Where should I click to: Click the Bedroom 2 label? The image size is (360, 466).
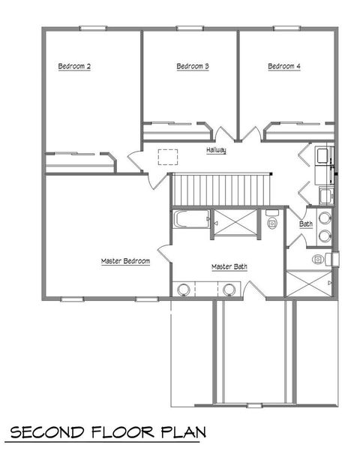coord(74,67)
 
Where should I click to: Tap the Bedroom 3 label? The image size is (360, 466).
coord(192,67)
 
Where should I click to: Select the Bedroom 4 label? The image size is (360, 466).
coord(284,67)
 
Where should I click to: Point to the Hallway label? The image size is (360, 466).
coord(217,151)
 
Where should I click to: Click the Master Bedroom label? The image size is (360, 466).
coord(126,261)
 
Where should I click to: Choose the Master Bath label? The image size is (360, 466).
coord(229,266)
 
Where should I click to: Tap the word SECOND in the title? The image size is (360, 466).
coord(46,433)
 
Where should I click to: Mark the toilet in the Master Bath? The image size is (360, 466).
coord(271,221)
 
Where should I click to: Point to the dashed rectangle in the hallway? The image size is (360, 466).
coord(166,155)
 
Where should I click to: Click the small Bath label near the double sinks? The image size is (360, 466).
coord(306,224)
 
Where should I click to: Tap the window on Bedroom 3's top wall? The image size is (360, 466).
coord(189,29)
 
